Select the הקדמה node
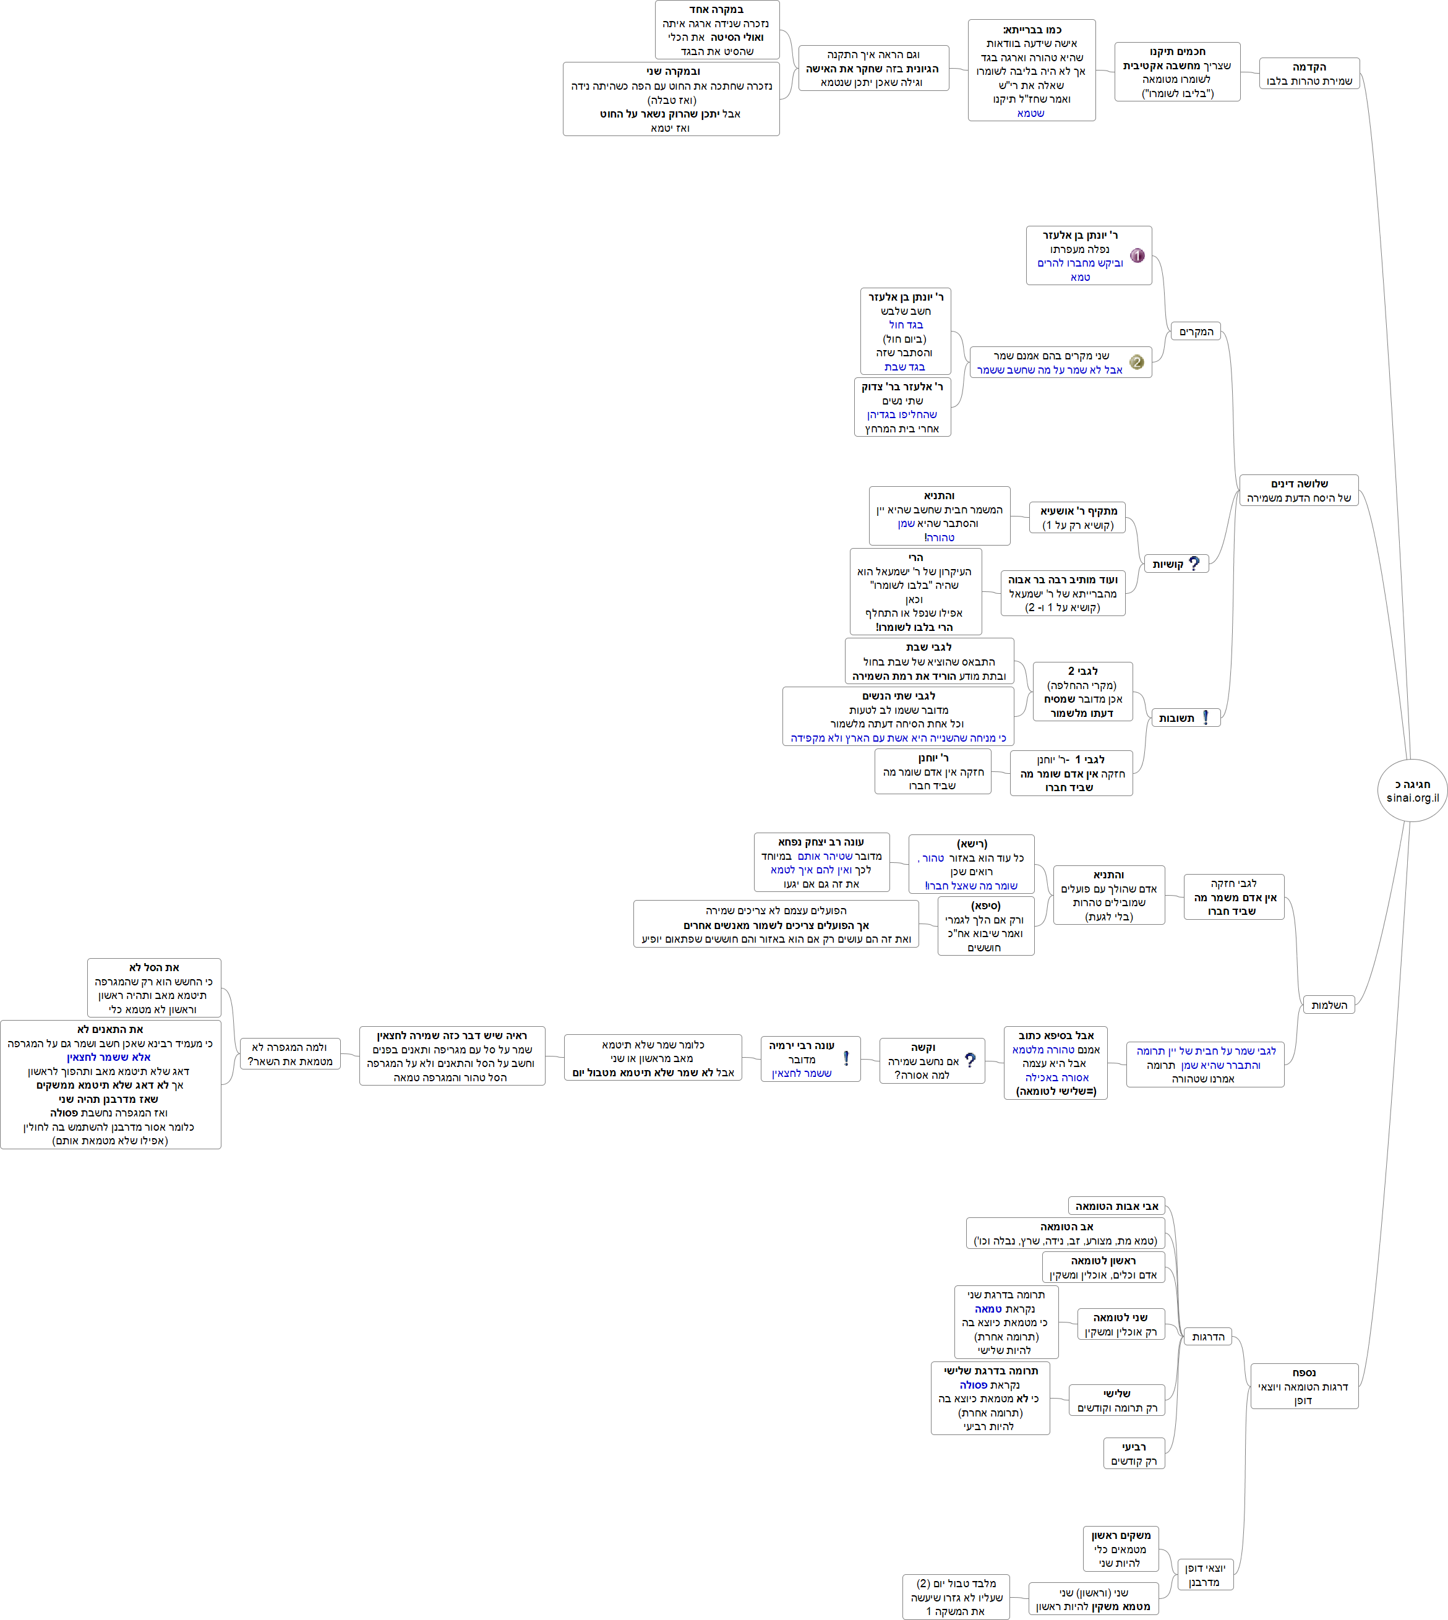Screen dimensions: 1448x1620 tap(1309, 73)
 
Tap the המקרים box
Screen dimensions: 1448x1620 tap(1195, 331)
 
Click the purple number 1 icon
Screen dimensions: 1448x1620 tap(1137, 255)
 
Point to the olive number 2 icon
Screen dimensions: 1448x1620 tap(1137, 362)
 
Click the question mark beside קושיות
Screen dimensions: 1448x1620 tap(1194, 564)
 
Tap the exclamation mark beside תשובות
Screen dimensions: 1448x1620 tap(1206, 717)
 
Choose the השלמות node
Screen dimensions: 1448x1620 tap(1328, 1005)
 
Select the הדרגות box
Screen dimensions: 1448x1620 tap(1208, 1336)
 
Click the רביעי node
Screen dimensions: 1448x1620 tap(1134, 1453)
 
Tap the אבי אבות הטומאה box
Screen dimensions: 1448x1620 tap(1116, 1206)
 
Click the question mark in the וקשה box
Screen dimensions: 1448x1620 tap(970, 1060)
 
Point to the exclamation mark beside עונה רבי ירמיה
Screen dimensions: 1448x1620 tap(846, 1059)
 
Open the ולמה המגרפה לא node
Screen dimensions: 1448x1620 tap(289, 1053)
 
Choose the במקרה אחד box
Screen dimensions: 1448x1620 tap(717, 30)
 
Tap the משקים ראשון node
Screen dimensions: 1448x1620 tap(1120, 1548)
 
